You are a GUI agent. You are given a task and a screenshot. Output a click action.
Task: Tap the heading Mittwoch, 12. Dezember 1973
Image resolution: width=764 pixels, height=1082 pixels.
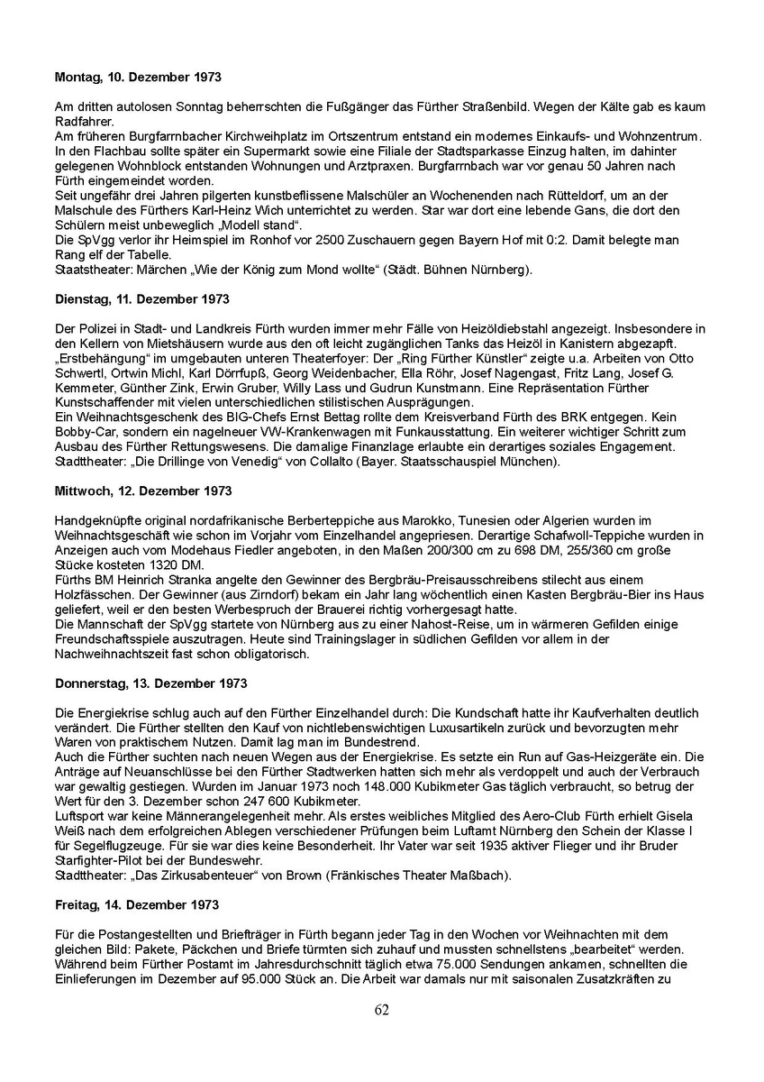(143, 491)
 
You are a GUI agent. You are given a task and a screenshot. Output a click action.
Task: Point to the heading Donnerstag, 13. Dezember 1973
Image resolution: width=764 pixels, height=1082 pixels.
(151, 684)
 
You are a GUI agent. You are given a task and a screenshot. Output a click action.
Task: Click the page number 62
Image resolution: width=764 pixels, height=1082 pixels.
(382, 1010)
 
